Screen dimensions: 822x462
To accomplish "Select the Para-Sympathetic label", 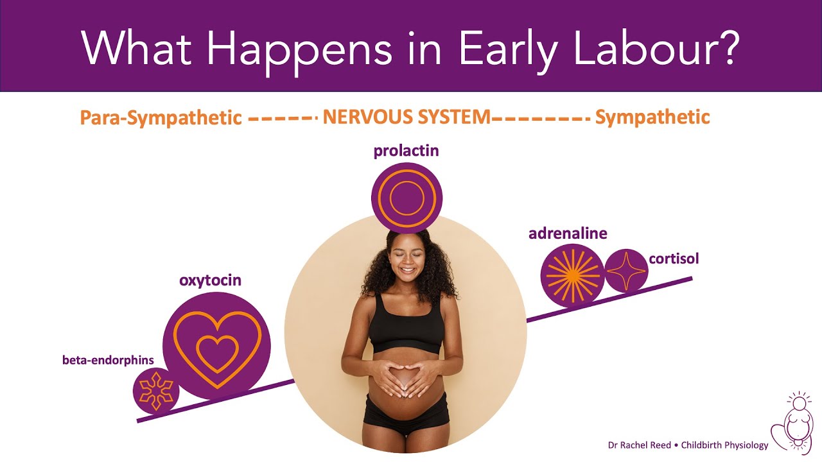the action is [x=161, y=117].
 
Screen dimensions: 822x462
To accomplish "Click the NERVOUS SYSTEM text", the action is [x=407, y=117].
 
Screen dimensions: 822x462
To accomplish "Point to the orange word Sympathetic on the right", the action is [x=652, y=117].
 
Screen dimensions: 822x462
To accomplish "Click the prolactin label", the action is [x=407, y=151].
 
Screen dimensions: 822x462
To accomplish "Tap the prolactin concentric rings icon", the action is [x=407, y=198].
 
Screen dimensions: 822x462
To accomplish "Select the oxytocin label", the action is [x=210, y=280].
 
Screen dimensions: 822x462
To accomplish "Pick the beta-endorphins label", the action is [x=109, y=360].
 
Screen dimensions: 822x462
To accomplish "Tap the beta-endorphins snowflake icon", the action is [x=156, y=391].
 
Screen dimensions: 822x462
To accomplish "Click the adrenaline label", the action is [x=568, y=233].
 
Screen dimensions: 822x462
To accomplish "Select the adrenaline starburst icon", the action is [x=573, y=276].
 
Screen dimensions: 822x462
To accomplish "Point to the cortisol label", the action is [x=674, y=259].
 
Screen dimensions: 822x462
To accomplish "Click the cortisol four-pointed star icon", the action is [x=626, y=271].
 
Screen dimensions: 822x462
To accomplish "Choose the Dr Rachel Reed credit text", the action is [x=688, y=445].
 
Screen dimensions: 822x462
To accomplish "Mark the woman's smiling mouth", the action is [x=407, y=271].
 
